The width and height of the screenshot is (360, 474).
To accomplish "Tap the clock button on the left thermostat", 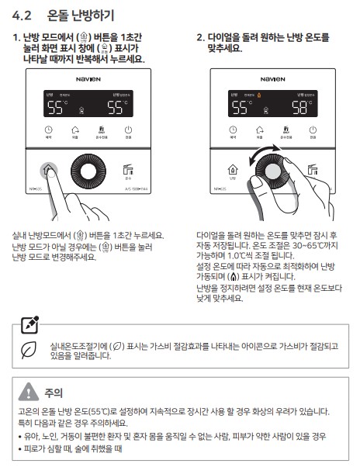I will tap(49, 131).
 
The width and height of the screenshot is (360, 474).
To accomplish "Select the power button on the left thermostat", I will tap(128, 131).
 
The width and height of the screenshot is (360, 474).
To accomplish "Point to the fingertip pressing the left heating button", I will tap(50, 171).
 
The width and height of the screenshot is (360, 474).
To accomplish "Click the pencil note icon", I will tap(29, 323).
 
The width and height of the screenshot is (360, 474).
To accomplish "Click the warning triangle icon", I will tap(29, 392).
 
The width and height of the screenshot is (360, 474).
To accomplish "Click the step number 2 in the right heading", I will tap(200, 37).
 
